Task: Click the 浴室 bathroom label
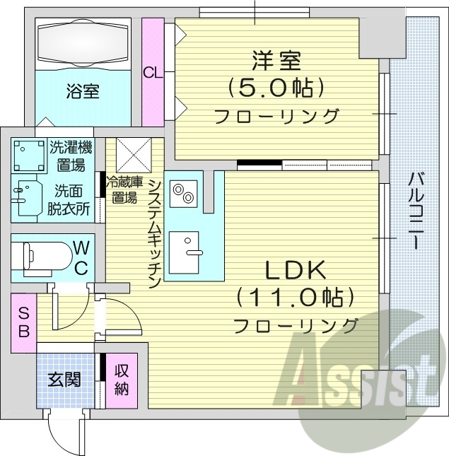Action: click(x=83, y=91)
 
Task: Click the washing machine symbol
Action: click(x=28, y=155)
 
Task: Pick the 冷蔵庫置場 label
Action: click(x=122, y=190)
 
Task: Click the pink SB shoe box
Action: click(x=23, y=321)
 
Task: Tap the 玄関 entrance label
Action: click(x=64, y=380)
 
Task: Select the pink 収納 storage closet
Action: click(x=122, y=380)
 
